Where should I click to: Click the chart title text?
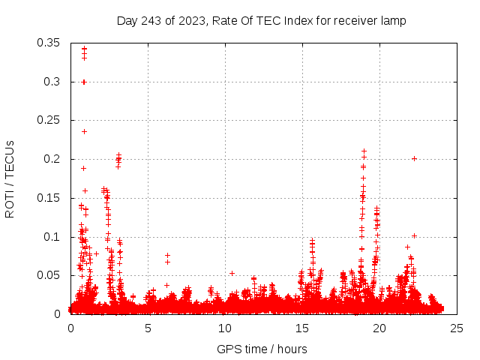tap(261, 21)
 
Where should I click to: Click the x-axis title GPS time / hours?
tap(262, 349)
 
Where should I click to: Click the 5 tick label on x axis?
tap(148, 328)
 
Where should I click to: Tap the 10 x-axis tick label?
tap(225, 328)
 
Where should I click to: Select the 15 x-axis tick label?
tap(302, 328)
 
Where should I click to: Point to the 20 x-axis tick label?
tap(379, 328)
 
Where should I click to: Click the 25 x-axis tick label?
tap(457, 328)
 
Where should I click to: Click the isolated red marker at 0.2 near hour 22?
tap(414, 158)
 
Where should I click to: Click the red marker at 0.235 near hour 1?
tap(84, 131)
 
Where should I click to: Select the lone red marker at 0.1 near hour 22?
tap(414, 235)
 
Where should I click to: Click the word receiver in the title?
tap(355, 21)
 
